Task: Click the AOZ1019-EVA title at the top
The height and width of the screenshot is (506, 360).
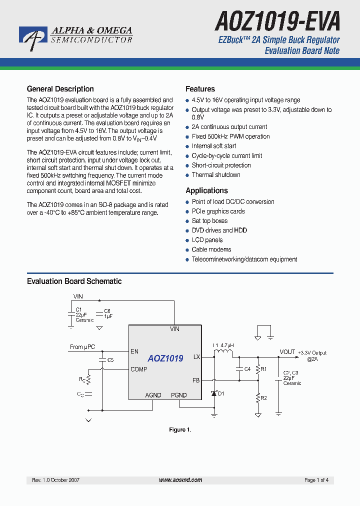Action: [277, 21]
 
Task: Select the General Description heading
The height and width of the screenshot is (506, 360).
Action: [60, 89]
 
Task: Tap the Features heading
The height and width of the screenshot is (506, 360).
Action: [200, 89]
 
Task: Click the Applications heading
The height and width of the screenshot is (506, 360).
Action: [206, 190]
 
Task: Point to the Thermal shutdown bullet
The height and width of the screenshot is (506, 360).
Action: [216, 175]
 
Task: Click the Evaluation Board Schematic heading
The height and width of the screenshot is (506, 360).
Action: [74, 281]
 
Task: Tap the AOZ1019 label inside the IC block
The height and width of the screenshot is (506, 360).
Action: [165, 358]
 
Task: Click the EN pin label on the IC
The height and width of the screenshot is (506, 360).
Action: [134, 351]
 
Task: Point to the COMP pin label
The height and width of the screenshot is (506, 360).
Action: [139, 369]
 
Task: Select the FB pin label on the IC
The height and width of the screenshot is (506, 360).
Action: [196, 380]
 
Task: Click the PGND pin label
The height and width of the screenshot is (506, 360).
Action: [178, 395]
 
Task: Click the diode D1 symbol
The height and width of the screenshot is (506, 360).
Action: [214, 393]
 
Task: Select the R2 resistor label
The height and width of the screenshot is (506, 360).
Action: [264, 398]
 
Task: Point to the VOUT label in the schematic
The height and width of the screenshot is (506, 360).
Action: [287, 352]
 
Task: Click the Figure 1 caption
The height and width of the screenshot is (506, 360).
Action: [180, 430]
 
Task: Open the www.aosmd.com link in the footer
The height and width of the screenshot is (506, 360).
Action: [180, 480]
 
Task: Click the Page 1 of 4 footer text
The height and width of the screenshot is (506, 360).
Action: [316, 480]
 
